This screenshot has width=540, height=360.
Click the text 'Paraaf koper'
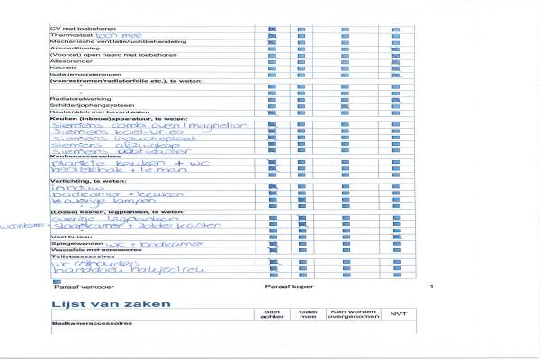(282, 286)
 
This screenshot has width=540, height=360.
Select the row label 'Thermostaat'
(68, 35)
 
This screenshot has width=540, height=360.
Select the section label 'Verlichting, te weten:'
(82, 181)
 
